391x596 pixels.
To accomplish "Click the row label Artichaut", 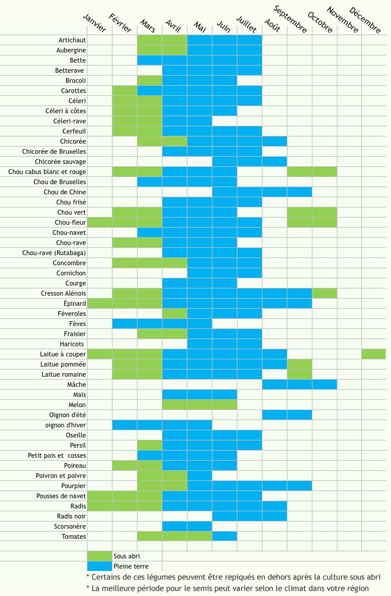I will click(72, 40).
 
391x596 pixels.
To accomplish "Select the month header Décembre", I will click(364, 20).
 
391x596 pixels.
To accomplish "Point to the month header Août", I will click(271, 25).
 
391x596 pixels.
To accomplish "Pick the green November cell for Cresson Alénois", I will click(324, 293).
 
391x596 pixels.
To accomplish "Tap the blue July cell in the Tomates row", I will click(224, 536).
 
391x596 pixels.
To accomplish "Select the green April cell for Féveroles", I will click(174, 313).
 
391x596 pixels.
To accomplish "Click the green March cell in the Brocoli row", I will click(149, 80).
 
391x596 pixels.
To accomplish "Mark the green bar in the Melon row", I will click(199, 405).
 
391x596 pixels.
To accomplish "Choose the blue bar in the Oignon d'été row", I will click(287, 415).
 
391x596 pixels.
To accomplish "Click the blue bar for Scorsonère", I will click(187, 526).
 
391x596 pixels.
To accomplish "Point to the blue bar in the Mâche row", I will click(299, 384).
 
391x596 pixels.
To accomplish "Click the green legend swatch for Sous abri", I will click(99, 557).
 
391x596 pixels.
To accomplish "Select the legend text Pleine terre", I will click(131, 566).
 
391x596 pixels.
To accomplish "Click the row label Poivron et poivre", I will click(61, 476).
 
